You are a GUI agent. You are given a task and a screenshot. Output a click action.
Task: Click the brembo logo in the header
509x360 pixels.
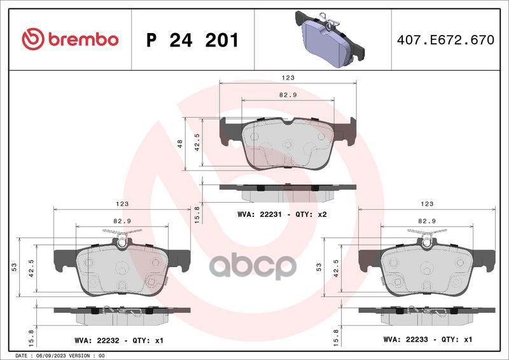point(70,39)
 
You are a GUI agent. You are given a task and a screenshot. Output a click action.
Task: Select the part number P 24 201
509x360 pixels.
point(192,40)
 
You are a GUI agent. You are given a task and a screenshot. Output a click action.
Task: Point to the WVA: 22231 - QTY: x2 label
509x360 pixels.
point(282,214)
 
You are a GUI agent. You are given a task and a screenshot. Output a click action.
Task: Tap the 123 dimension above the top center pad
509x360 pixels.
point(288,77)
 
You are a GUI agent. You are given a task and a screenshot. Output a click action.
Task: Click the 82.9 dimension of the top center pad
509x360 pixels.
point(288,94)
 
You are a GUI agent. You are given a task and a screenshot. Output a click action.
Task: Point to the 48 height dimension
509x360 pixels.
point(180,143)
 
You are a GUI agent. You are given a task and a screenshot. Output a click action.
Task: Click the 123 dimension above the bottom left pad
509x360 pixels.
point(122,204)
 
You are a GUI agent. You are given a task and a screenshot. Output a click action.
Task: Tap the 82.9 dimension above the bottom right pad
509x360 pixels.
point(426,221)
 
